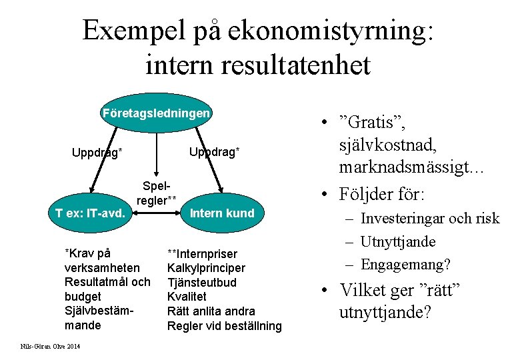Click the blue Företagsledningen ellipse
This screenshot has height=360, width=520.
click(157, 113)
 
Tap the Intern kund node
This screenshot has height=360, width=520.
click(222, 213)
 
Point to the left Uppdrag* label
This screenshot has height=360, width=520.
click(97, 153)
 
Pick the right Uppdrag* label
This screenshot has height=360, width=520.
click(214, 152)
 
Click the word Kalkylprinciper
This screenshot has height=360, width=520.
click(206, 268)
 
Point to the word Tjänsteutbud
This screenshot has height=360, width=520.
click(202, 282)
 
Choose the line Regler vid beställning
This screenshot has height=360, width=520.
click(225, 326)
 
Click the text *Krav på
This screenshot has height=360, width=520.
click(87, 253)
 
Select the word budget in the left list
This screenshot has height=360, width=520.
click(83, 297)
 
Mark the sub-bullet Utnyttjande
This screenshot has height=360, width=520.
click(398, 242)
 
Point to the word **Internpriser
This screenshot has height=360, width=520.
click(202, 253)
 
